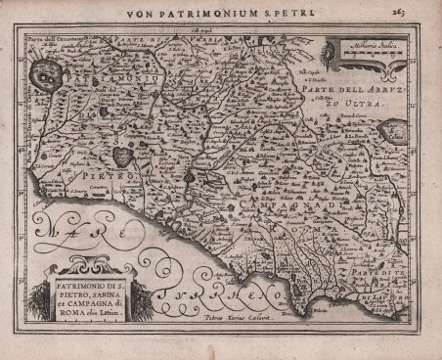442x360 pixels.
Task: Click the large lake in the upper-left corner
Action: click(x=44, y=71)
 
